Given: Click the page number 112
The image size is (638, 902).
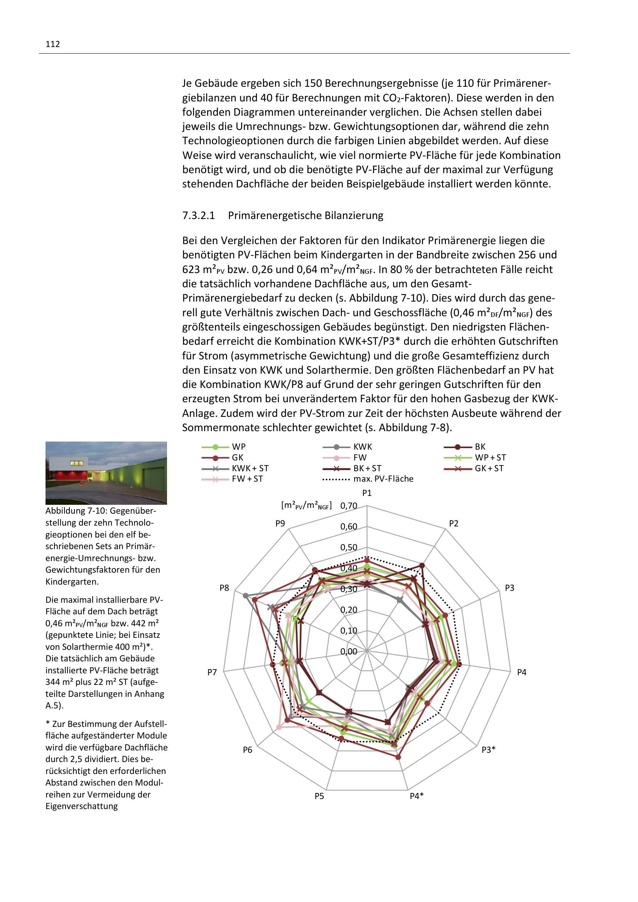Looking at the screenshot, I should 52,44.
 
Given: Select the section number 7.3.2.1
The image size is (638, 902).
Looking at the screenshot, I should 198,216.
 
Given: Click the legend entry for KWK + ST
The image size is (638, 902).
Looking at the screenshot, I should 250,468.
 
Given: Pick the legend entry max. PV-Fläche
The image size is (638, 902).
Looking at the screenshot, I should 383,479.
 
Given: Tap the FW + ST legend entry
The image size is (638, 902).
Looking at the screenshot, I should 247,479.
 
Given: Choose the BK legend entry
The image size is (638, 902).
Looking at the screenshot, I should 480,447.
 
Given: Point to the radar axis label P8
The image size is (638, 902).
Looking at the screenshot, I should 224,588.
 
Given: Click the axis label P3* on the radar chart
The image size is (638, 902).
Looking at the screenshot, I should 488,750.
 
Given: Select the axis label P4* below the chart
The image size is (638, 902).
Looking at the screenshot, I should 417,796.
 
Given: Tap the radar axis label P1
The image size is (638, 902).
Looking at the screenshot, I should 367,493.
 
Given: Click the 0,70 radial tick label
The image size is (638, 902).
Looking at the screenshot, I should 348,506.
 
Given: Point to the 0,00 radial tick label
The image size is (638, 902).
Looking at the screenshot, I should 348,652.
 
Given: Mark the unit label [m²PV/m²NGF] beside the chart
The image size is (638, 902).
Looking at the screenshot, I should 306,506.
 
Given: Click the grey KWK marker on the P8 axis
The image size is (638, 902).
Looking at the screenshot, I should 246,595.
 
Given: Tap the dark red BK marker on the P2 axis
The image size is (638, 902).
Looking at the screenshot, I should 422,566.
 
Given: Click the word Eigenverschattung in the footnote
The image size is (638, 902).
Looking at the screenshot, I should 82,806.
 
